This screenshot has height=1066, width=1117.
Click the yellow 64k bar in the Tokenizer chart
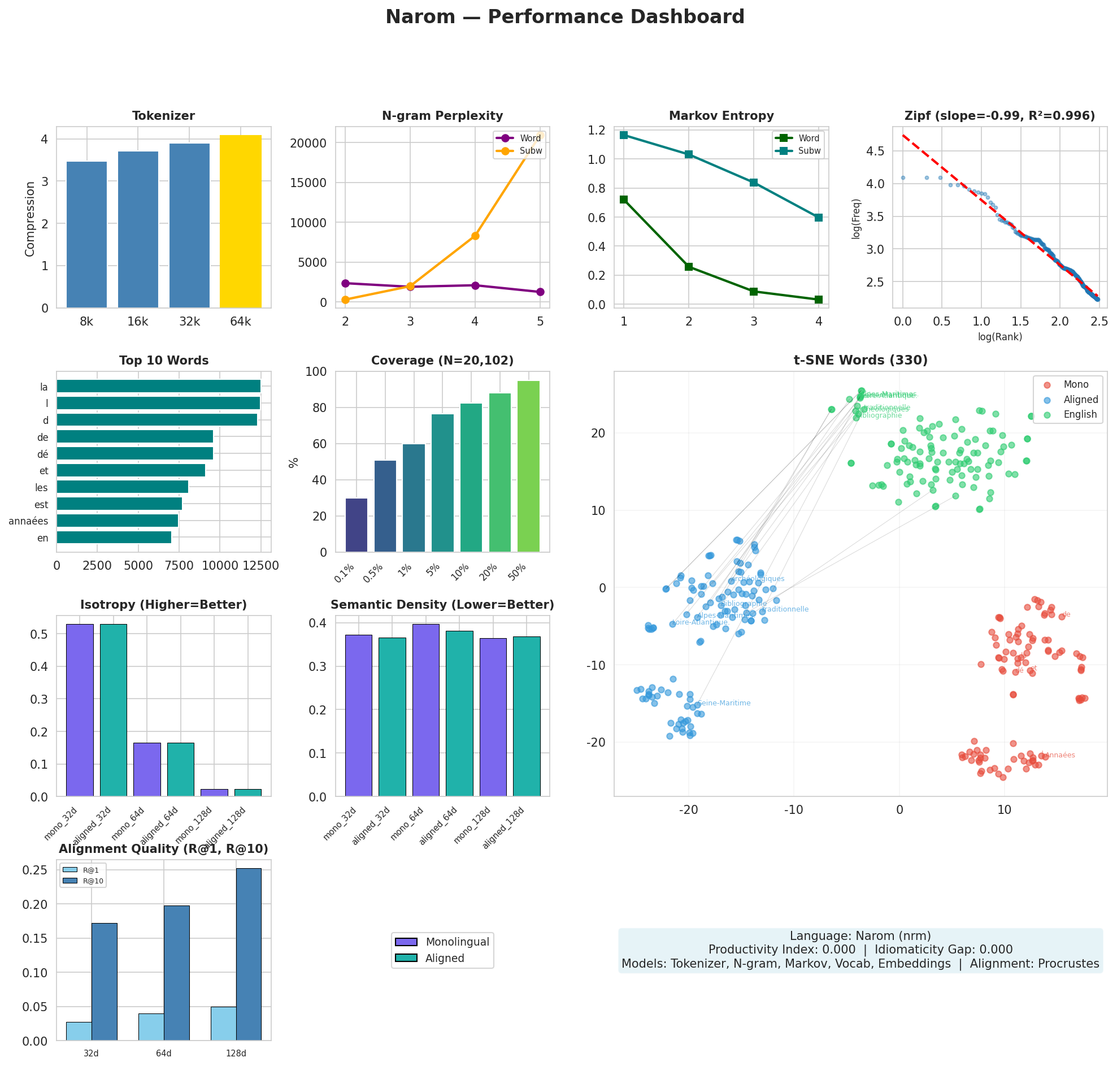point(240,221)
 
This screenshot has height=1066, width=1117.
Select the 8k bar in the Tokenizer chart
point(86,234)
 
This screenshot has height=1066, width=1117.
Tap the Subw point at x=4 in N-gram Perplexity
point(475,236)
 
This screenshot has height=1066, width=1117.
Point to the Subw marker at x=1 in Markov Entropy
point(624,135)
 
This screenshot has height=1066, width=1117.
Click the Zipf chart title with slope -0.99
point(999,116)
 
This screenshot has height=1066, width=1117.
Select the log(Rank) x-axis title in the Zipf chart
point(999,337)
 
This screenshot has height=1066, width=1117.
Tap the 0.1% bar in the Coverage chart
point(356,525)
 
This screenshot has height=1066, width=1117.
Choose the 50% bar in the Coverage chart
point(528,466)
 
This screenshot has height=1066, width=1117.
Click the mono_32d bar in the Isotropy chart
point(80,710)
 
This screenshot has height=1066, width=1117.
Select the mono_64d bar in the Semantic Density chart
point(425,710)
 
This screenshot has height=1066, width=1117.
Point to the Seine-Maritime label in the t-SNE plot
point(723,703)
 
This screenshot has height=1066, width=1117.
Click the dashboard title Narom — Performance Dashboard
point(564,17)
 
